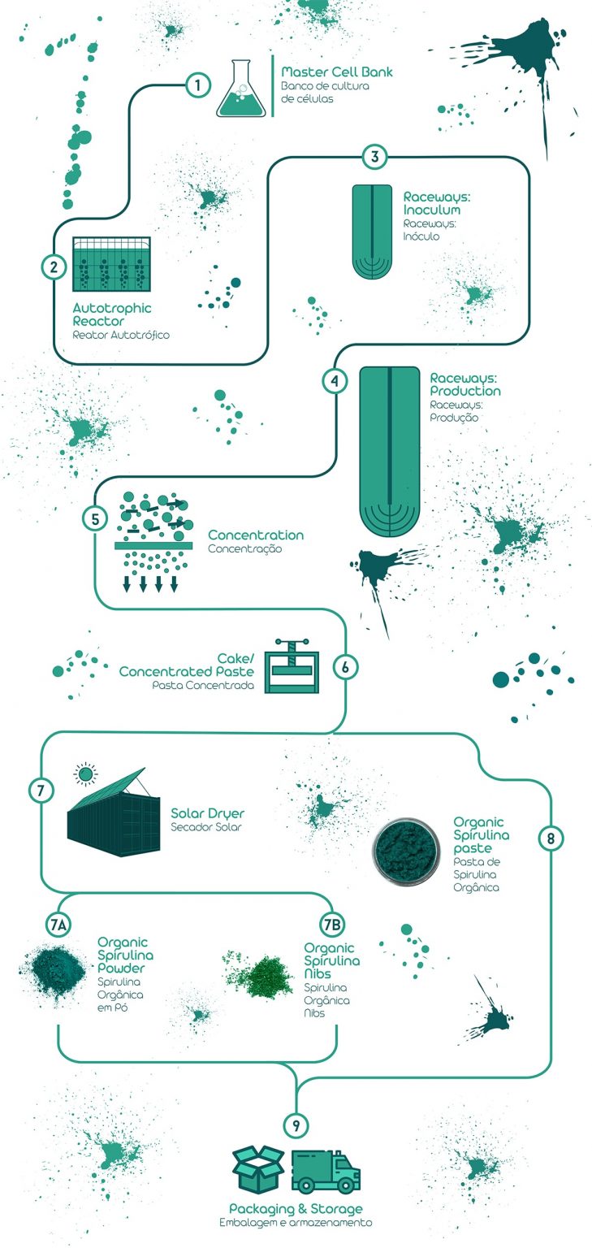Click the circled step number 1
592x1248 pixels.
pos(198,84)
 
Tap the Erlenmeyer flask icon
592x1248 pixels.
pos(241,90)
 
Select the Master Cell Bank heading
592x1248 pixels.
pos(336,72)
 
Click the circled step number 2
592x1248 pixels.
pos(54,266)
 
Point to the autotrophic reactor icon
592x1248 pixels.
pos(111,265)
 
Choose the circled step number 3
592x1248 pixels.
pos(374,157)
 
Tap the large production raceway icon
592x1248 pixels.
pos(391,451)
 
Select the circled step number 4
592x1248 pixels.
pos(334,380)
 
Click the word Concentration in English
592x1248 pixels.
pos(256,535)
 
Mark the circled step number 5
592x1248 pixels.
pos(95,518)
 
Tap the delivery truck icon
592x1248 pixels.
pos(325,1171)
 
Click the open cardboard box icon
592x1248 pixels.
pos(257,1169)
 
